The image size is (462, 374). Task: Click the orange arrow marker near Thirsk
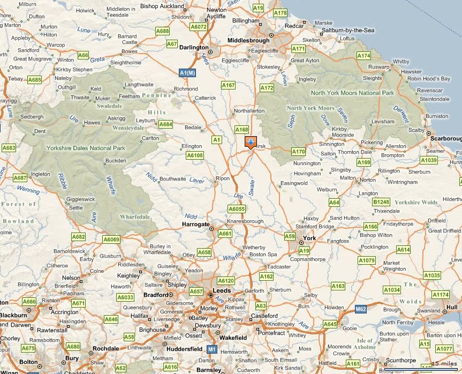point(250,143)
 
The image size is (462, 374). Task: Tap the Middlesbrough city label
point(248,40)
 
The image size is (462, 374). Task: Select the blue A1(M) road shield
point(187,72)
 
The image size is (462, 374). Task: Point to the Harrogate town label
point(195,225)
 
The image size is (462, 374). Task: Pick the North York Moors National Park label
point(352,93)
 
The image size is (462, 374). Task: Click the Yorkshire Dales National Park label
point(86,148)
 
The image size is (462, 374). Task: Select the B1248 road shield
point(381,202)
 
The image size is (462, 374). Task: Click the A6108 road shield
point(195,155)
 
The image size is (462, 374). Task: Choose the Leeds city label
point(222,290)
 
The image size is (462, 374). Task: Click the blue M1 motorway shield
point(212,349)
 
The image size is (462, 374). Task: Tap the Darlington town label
point(194,47)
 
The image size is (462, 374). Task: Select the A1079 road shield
point(367,260)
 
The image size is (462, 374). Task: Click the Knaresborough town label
point(245,221)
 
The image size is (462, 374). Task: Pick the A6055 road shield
point(236,209)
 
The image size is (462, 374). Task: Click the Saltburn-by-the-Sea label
point(348,31)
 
